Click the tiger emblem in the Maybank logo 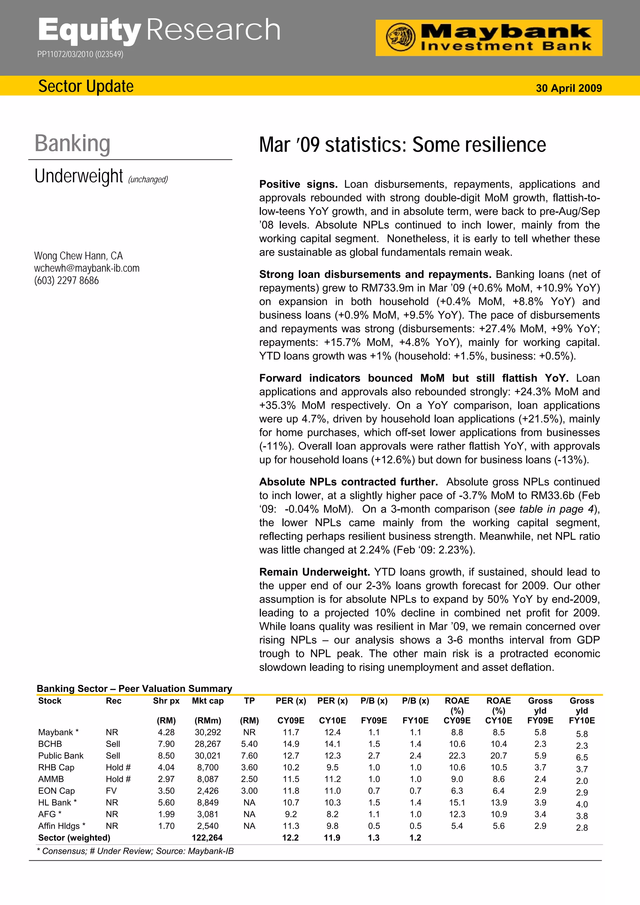(400, 37)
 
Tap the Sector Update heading (86, 86)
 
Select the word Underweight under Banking (79, 176)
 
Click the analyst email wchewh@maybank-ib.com (87, 269)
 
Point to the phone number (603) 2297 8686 (66, 281)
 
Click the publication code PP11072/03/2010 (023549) (80, 54)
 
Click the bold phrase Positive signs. (298, 185)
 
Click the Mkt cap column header (207, 701)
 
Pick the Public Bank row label (61, 756)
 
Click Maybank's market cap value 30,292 (207, 732)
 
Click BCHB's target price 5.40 (249, 744)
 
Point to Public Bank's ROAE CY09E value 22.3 (457, 756)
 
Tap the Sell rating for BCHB (113, 744)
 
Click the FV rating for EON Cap (111, 791)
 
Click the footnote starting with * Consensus (135, 851)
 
